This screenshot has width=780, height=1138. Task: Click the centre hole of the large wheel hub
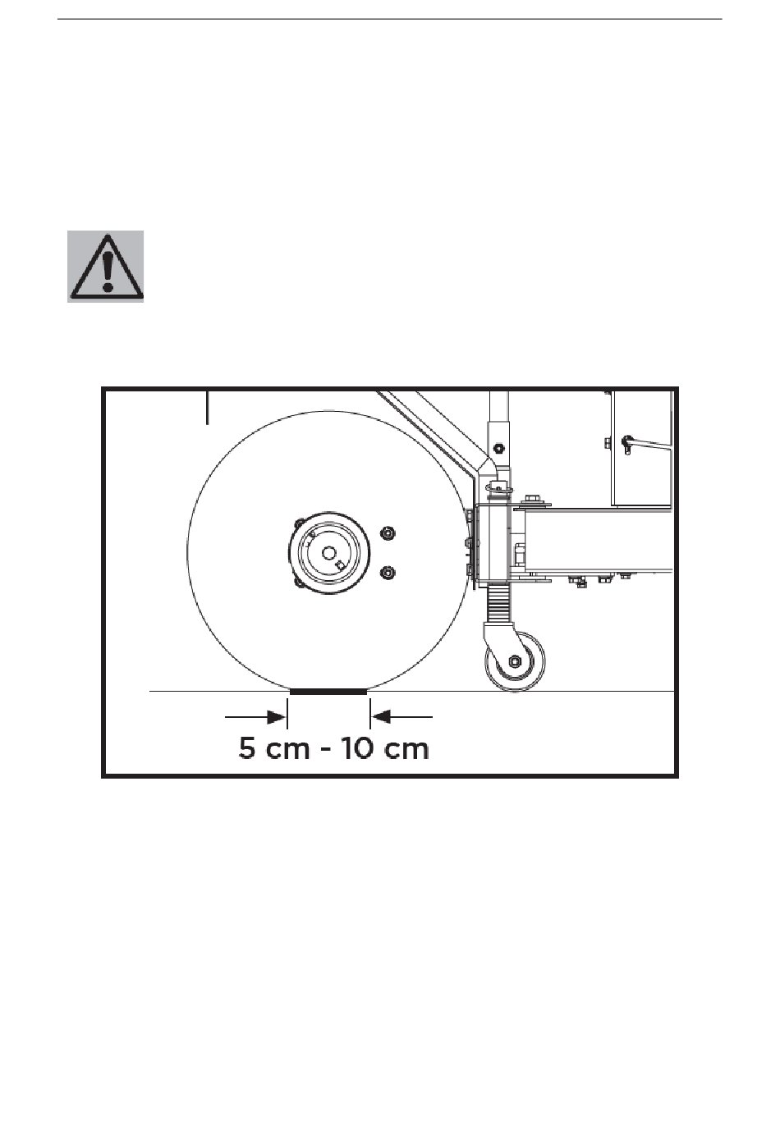click(329, 552)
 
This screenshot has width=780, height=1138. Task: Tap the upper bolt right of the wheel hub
click(388, 533)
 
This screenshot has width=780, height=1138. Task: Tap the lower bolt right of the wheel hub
click(388, 573)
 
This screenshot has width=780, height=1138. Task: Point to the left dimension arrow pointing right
click(255, 717)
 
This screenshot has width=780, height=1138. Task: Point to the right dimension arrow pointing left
click(402, 717)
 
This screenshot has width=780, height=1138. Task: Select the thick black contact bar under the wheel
click(328, 692)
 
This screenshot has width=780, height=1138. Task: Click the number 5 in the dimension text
click(247, 748)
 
